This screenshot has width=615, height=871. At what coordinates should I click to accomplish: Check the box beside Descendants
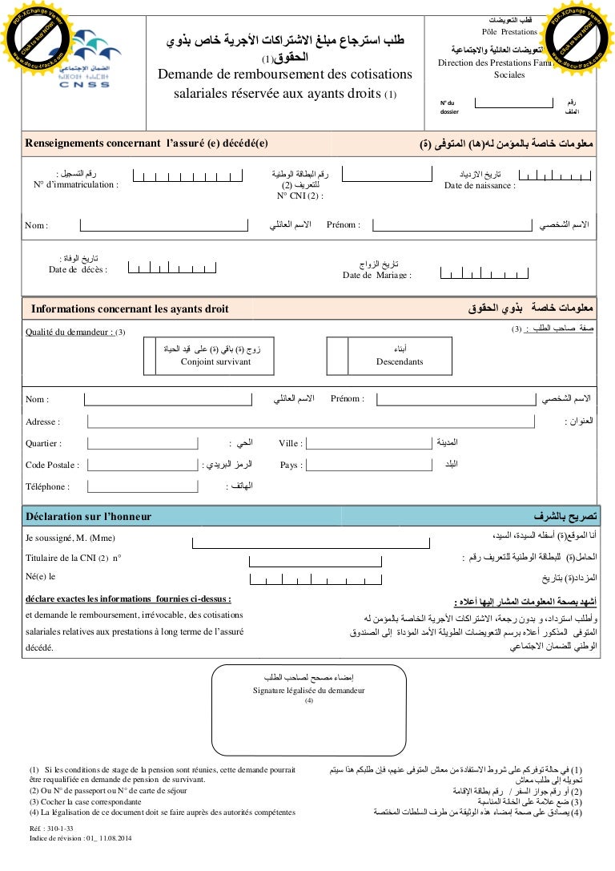tap(337, 355)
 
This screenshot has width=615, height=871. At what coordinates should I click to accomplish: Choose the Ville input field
tap(368, 443)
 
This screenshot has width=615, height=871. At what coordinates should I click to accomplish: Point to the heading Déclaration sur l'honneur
tap(88, 517)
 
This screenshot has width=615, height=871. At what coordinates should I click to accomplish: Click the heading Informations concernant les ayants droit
tap(130, 308)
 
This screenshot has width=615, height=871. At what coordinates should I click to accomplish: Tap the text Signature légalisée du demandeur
tap(308, 690)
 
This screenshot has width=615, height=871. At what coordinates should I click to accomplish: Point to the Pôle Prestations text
tap(510, 31)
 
